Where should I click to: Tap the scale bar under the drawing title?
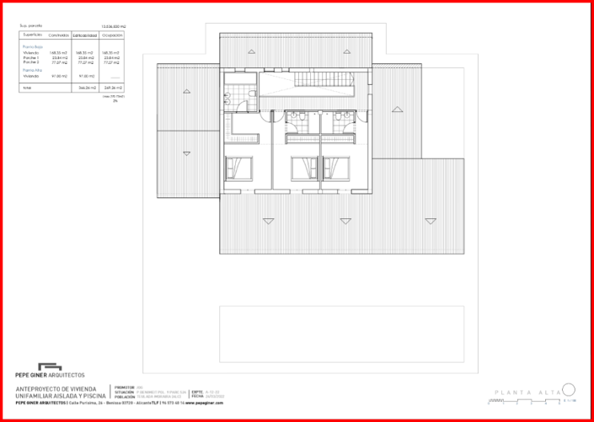pyautogui.click(x=569, y=399)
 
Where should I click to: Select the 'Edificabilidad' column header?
pyautogui.click(x=84, y=35)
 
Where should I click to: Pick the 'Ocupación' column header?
pyautogui.click(x=112, y=35)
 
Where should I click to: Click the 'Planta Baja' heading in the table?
pyautogui.click(x=32, y=47)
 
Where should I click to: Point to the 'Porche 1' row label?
pyautogui.click(x=30, y=57)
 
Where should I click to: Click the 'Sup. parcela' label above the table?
pyautogui.click(x=29, y=26)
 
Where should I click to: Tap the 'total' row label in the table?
pyautogui.click(x=26, y=87)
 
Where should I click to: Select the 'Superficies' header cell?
pyautogui.click(x=32, y=35)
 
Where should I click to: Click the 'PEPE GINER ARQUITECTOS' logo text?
pyautogui.click(x=51, y=374)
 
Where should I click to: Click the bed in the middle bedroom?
pyautogui.click(x=301, y=168)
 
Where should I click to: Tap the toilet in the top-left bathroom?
pyautogui.click(x=229, y=97)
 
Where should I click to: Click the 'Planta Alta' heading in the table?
pyautogui.click(x=32, y=70)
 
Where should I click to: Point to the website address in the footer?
pyautogui.click(x=207, y=403)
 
